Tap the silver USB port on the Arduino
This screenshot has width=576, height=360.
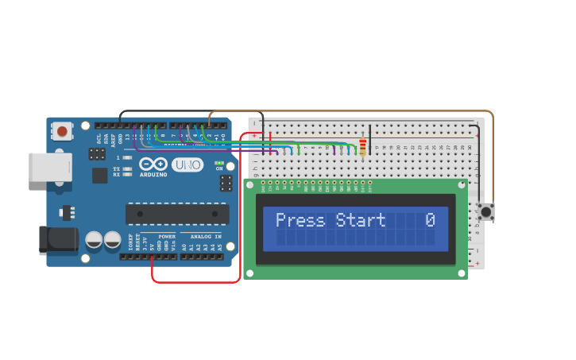coord(50,168)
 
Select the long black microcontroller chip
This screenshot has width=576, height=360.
coord(177,214)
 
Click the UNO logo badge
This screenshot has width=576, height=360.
coord(187,165)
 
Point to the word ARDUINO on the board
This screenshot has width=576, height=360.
coord(153,175)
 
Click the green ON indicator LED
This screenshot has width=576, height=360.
coord(219,162)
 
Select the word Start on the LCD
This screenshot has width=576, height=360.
coord(360,220)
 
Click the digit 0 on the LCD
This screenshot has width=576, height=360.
coord(430,220)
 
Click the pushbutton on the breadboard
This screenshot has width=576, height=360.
coord(485,211)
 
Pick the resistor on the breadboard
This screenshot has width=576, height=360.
coord(363,147)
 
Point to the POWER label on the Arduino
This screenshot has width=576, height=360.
coord(166,236)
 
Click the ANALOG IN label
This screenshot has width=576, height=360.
coord(206,236)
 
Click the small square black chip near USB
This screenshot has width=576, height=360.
coord(99,175)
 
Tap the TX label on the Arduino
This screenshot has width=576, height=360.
coord(116,168)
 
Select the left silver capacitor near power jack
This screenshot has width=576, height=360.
coord(94,239)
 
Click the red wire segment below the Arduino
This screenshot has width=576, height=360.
coord(195,281)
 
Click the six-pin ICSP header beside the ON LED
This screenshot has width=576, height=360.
coord(226,184)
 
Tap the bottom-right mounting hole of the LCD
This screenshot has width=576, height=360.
coord(461,273)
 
